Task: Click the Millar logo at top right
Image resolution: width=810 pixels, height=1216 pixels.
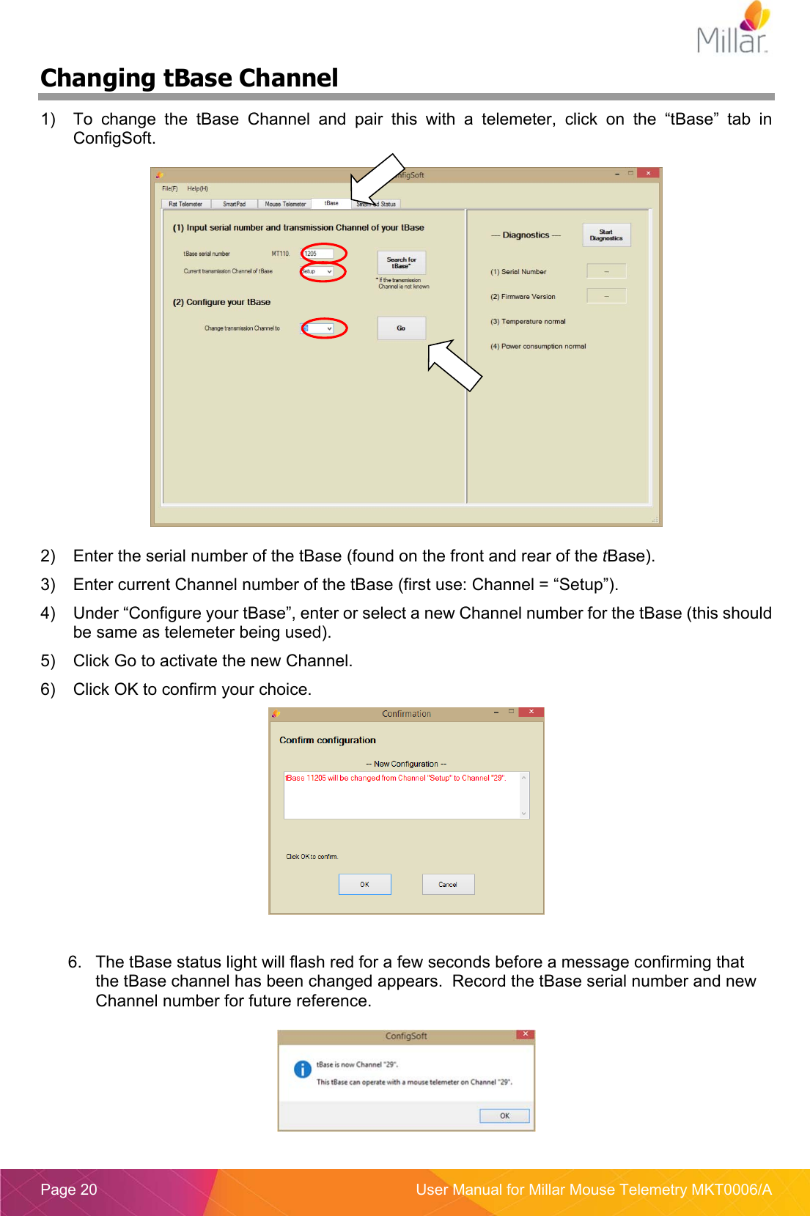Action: (734, 29)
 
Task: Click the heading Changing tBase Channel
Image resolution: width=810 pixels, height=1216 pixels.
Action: (189, 78)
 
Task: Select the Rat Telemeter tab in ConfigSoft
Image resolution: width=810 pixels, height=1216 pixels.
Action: (185, 204)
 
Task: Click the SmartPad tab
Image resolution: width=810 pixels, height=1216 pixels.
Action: (234, 204)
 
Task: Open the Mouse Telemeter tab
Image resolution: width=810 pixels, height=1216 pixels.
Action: (284, 204)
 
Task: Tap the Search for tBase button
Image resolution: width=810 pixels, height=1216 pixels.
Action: (401, 262)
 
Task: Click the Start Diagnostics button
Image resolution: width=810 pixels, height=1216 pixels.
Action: (605, 235)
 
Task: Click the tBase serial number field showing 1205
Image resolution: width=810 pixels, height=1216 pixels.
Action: (317, 254)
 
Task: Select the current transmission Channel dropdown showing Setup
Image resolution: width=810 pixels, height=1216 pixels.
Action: (317, 271)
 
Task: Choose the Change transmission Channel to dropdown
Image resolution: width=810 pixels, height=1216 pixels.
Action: (318, 328)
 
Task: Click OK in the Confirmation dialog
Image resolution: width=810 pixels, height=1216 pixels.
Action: (364, 884)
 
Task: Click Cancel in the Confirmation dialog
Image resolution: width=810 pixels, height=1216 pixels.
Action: (448, 884)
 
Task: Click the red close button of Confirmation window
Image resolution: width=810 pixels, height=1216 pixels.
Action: (531, 712)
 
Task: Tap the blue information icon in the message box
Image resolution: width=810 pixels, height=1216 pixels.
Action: (303, 1069)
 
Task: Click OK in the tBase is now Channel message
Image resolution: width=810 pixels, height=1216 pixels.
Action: (504, 1116)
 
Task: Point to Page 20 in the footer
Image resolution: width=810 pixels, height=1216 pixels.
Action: (69, 1190)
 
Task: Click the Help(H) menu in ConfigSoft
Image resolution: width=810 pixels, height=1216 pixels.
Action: (197, 188)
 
